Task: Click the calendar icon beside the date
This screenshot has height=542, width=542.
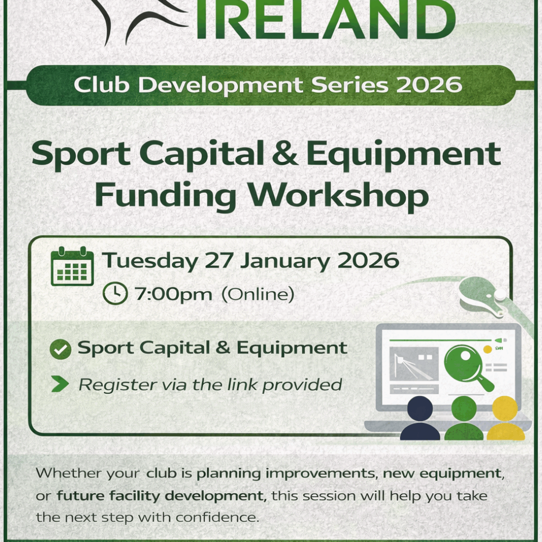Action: pos(72,266)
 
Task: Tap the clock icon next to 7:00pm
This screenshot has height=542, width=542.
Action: pos(115,293)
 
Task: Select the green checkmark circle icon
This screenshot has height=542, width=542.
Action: pos(60,349)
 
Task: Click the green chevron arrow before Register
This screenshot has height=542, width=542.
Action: pos(60,384)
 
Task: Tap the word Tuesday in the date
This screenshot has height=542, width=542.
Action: pos(150,261)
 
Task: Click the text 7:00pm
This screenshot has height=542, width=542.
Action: pos(173,294)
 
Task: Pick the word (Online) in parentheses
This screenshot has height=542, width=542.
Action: pos(258,294)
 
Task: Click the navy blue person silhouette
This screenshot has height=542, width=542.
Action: pos(420,418)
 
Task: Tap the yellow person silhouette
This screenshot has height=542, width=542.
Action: pos(505,418)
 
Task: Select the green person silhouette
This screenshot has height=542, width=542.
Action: pos(464,418)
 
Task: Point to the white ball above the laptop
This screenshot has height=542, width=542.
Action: pos(500,294)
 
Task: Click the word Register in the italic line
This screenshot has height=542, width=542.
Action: pos(117,385)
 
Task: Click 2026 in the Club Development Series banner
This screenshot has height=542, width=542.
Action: pos(429,85)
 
